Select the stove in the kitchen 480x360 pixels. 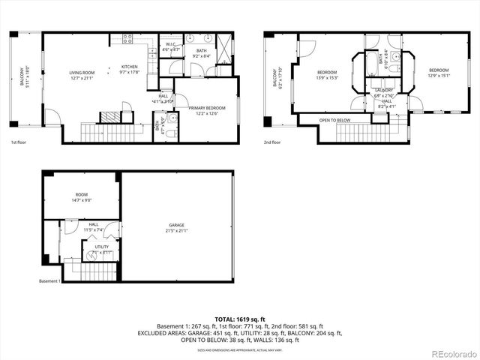pos(126,38)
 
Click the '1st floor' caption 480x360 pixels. pos(19,142)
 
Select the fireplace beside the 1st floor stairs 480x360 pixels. pos(109,117)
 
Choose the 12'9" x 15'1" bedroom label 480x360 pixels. pos(438,73)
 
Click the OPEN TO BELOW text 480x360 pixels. pos(334,120)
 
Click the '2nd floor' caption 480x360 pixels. pos(272,142)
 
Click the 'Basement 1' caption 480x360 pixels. pos(49,282)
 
